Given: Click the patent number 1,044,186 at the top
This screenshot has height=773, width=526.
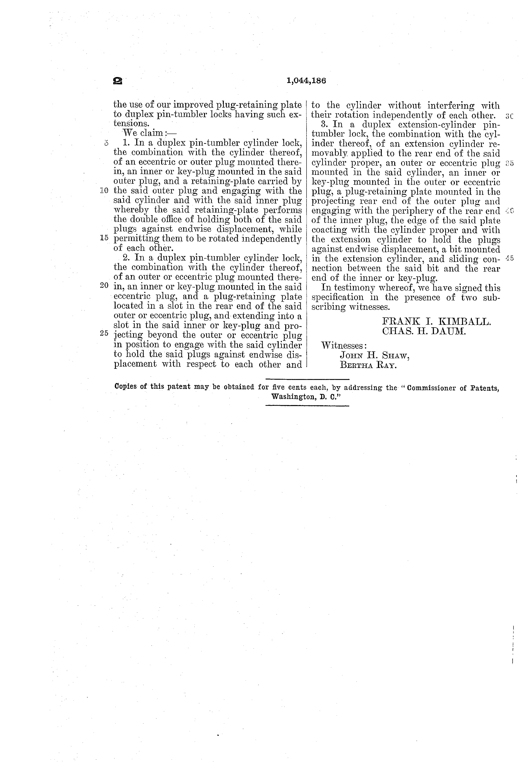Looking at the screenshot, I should pyautogui.click(x=306, y=81).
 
